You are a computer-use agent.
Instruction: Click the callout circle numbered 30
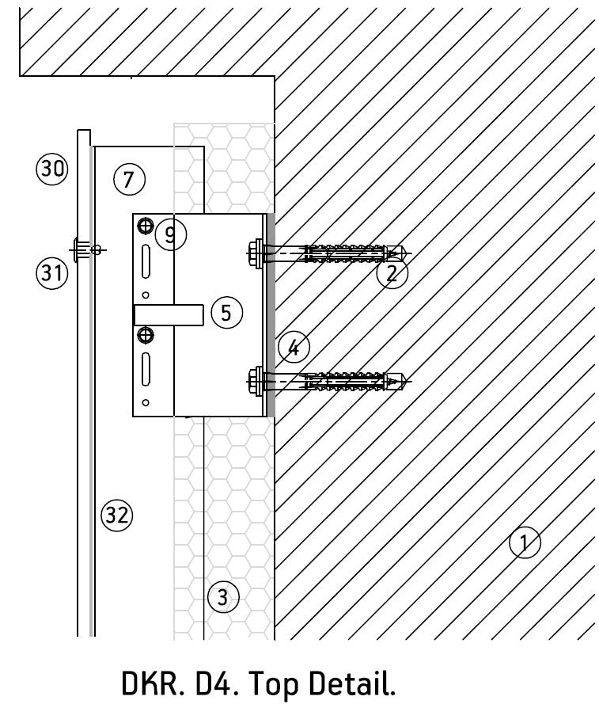53,169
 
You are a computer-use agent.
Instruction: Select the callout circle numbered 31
52,274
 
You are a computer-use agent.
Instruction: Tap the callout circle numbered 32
117,516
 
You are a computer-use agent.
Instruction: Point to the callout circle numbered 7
129,179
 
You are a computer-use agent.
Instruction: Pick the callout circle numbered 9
170,234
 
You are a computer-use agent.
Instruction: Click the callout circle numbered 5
226,313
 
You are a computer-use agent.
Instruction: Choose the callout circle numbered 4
294,347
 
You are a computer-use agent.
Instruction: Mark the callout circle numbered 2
392,273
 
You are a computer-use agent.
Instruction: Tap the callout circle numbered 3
222,596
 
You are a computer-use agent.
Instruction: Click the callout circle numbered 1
525,543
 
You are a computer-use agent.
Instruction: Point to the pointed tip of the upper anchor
408,253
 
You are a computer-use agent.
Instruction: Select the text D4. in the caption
212,683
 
